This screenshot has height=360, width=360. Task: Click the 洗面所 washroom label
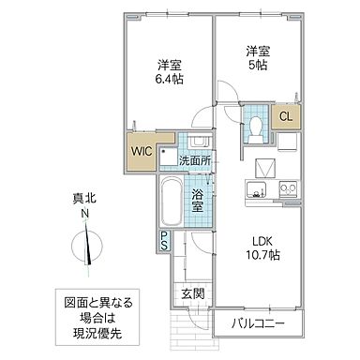tap(196, 160)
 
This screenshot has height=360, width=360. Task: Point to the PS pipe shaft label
tap(164, 242)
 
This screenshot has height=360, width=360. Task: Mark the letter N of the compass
tap(84, 215)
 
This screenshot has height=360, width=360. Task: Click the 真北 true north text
tap(84, 199)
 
